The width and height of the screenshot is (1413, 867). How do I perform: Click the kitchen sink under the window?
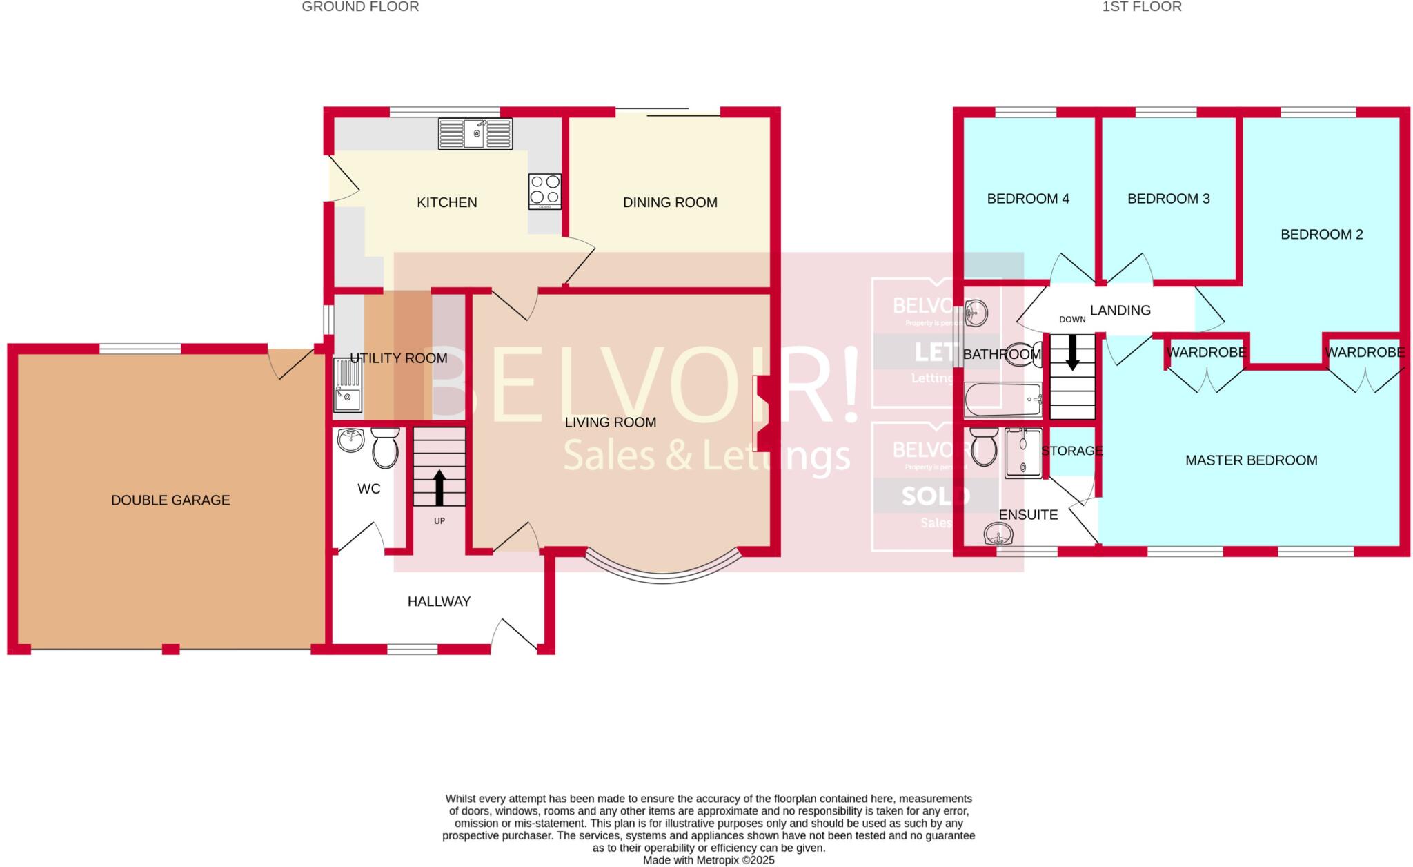point(475,134)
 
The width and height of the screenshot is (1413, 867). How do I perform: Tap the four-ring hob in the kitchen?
point(544,191)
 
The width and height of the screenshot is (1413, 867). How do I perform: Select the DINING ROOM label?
point(670,202)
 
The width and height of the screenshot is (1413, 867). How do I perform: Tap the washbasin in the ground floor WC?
point(352,440)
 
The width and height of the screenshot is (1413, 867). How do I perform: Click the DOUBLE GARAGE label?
point(170,500)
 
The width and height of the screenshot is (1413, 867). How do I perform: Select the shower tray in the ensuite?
point(1022,452)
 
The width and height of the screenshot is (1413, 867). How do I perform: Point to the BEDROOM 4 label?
point(1028,199)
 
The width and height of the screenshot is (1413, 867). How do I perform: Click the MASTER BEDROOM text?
point(1251,460)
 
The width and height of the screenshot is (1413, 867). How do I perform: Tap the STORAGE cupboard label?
point(1071,451)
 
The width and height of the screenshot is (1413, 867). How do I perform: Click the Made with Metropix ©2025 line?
point(709,860)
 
